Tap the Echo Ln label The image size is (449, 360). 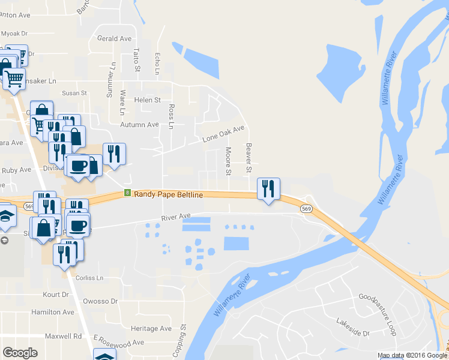(157, 63)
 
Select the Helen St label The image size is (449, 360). (148, 100)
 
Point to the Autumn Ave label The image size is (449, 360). (139, 125)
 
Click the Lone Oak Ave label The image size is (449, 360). (224, 134)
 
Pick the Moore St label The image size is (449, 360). (228, 161)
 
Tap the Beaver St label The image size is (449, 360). (248, 158)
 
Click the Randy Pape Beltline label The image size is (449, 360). (168, 194)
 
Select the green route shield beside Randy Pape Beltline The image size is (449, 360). (127, 193)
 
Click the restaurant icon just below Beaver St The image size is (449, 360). (268, 188)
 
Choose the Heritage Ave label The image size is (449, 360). (152, 329)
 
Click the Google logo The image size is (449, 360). (20, 353)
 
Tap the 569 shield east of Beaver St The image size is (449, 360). (307, 209)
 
